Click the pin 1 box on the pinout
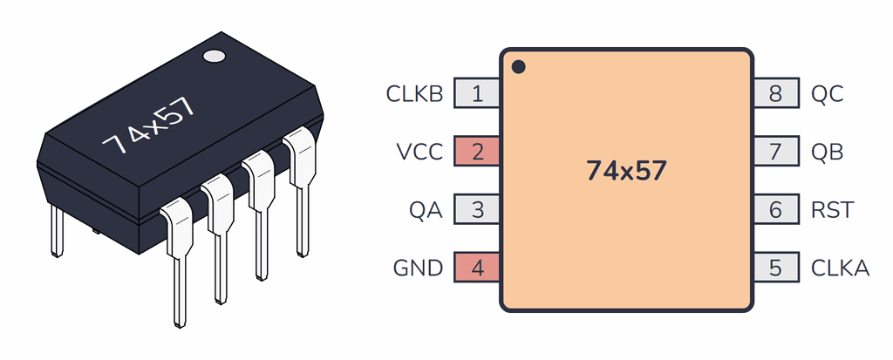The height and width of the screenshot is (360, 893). click(477, 93)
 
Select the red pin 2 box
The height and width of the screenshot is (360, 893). click(477, 152)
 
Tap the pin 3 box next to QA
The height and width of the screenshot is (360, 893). click(477, 210)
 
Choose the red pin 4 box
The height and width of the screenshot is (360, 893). click(477, 268)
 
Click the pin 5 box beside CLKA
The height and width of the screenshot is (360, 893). click(776, 268)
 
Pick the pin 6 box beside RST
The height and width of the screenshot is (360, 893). click(776, 210)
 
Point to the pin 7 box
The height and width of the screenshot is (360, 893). click(776, 152)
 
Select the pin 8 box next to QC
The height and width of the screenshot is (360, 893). click(776, 93)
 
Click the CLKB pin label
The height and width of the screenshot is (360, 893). click(414, 93)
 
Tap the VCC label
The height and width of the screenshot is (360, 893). click(420, 152)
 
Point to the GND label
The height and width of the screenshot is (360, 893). click(419, 268)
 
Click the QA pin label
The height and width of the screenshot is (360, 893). click(426, 210)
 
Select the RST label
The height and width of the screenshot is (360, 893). click(832, 210)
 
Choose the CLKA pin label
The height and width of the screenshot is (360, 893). click(840, 268)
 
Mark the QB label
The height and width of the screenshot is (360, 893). click(827, 152)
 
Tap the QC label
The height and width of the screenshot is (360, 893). click(827, 93)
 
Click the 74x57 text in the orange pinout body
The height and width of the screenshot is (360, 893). click(626, 171)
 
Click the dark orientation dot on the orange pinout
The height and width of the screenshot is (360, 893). click(518, 66)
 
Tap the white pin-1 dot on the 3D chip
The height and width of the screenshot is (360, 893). click(214, 57)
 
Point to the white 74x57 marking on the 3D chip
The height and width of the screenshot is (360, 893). click(147, 126)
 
